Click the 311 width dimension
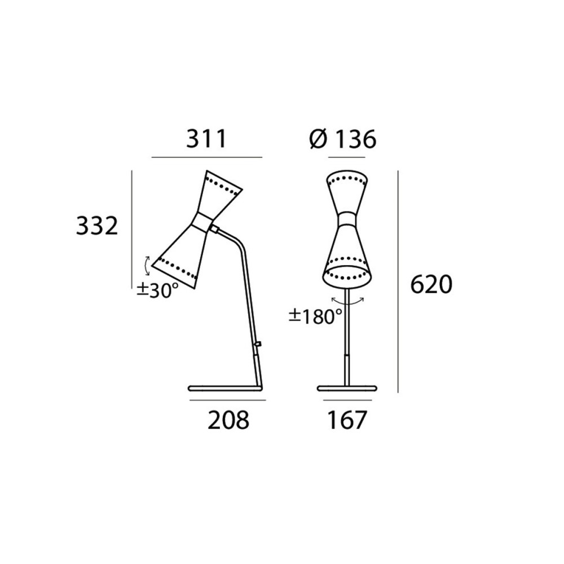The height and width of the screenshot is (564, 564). pyautogui.click(x=206, y=139)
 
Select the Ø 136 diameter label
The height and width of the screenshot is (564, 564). pyautogui.click(x=343, y=139)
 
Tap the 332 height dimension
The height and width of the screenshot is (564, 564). pyautogui.click(x=97, y=226)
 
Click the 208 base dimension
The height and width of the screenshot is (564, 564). pyautogui.click(x=228, y=420)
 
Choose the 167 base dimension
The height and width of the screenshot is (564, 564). pyautogui.click(x=347, y=420)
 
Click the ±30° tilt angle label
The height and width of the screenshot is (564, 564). pyautogui.click(x=157, y=290)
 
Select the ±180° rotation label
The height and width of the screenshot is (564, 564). pyautogui.click(x=316, y=316)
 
